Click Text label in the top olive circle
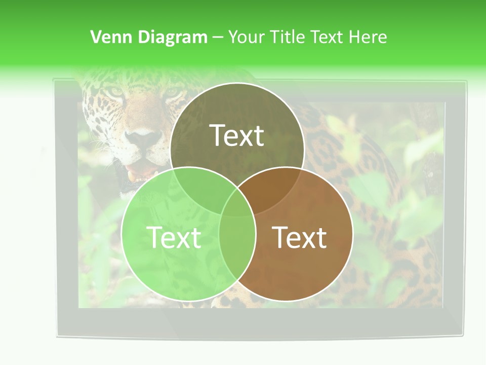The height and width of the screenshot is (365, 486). pos(237,135)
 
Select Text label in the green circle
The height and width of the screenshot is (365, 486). pos(174,237)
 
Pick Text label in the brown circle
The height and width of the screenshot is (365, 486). pos(300,237)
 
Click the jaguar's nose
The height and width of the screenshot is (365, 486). pos(143,136)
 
